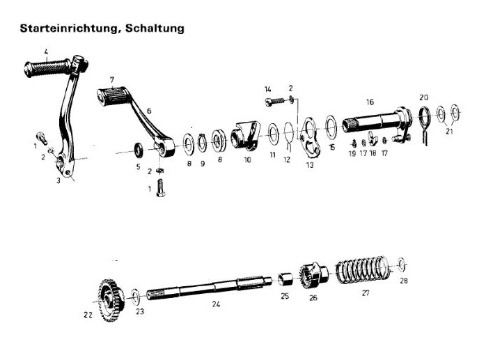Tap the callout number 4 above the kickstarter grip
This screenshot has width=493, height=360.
click(46, 51)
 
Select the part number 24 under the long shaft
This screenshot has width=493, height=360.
click(215, 304)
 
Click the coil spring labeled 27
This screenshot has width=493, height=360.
click(360, 269)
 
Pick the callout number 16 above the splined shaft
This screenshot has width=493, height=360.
click(370, 100)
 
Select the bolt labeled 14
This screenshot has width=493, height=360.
click(277, 102)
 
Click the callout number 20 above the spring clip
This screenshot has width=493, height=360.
click(424, 97)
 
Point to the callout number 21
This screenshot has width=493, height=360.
click(449, 130)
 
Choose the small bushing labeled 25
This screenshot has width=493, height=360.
click(284, 280)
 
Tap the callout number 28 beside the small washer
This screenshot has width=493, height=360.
click(404, 282)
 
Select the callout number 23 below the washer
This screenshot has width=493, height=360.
click(140, 312)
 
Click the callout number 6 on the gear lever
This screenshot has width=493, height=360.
click(148, 111)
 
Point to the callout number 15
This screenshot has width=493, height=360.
click(331, 148)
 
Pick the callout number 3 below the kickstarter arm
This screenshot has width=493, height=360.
click(58, 180)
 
